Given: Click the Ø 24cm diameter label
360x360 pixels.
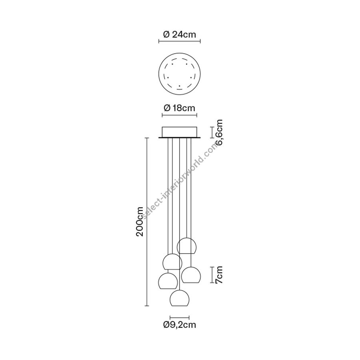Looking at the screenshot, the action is click(x=180, y=35).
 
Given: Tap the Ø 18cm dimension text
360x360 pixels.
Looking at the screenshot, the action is click(x=180, y=108).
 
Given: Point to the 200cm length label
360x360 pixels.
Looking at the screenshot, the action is click(x=140, y=222).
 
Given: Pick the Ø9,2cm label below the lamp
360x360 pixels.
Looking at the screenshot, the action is click(x=180, y=325).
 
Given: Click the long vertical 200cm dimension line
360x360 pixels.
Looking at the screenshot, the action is click(x=147, y=222).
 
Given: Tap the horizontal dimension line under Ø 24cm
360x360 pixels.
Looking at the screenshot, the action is click(x=180, y=41).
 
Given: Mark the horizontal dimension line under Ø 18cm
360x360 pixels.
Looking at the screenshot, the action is click(x=180, y=115).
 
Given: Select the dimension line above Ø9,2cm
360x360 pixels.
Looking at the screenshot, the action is click(x=180, y=318).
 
